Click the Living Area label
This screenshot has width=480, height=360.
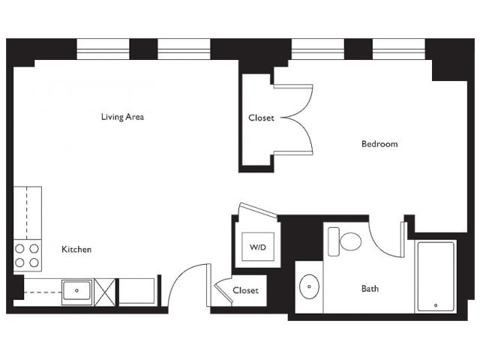122,117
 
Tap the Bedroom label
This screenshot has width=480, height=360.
379,144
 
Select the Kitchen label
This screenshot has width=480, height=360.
76,249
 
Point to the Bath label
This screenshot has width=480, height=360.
370,288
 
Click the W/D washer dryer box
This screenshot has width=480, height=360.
258,247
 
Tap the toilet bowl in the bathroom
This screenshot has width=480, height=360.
350,241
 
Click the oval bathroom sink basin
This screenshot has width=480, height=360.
309,286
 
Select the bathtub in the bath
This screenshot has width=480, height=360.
436,277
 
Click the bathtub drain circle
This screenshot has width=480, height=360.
436,305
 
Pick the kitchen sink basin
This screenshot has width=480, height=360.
76,290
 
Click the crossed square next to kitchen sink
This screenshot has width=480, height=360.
105,292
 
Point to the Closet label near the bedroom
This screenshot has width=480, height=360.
261,118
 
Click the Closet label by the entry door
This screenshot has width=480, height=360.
245,290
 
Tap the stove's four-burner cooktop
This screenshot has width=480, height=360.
27,255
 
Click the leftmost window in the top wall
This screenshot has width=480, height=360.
103,49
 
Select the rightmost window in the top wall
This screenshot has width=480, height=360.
398,49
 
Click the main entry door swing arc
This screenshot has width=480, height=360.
180,271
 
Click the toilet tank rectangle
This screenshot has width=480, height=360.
333,241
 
